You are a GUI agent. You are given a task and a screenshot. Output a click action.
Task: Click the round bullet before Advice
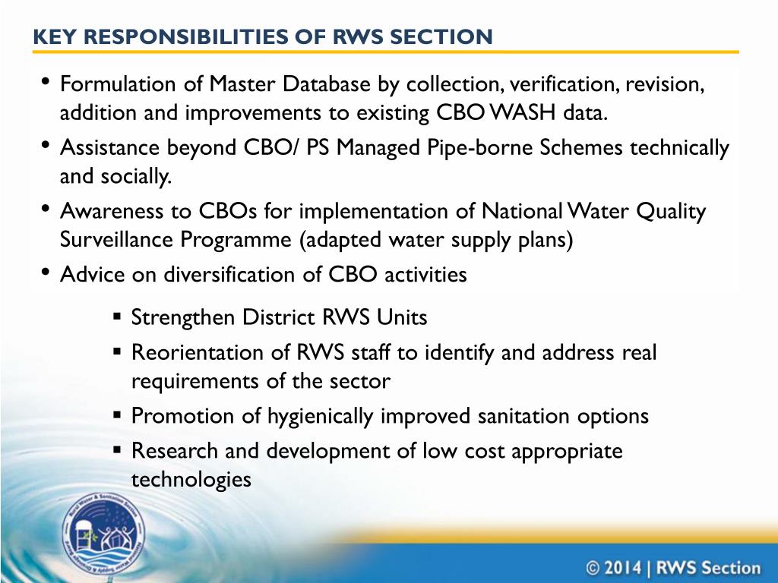click(x=45, y=273)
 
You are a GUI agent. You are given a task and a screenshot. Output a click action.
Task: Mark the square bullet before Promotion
click(x=118, y=415)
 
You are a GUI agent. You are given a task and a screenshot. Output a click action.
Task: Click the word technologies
click(x=191, y=480)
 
